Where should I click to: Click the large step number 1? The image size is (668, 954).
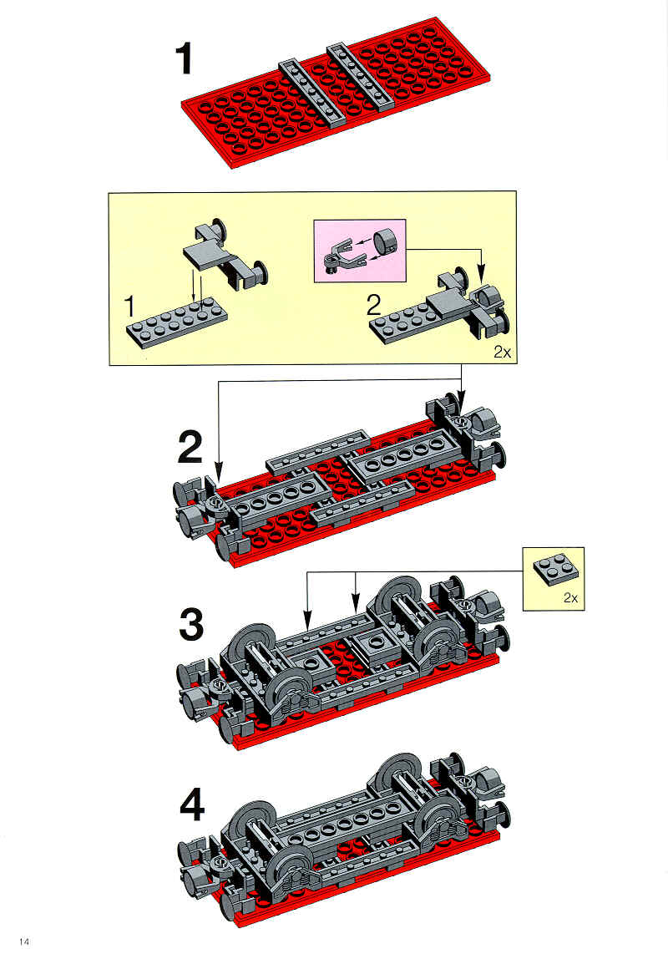coord(184,58)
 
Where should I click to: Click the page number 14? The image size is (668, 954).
coord(23,941)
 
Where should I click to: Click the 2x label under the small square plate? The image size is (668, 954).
coord(570,597)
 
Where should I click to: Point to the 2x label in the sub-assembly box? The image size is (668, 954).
coord(502,352)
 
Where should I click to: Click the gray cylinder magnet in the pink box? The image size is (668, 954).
coord(384,241)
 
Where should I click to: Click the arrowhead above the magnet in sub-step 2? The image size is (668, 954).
coord(481,277)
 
